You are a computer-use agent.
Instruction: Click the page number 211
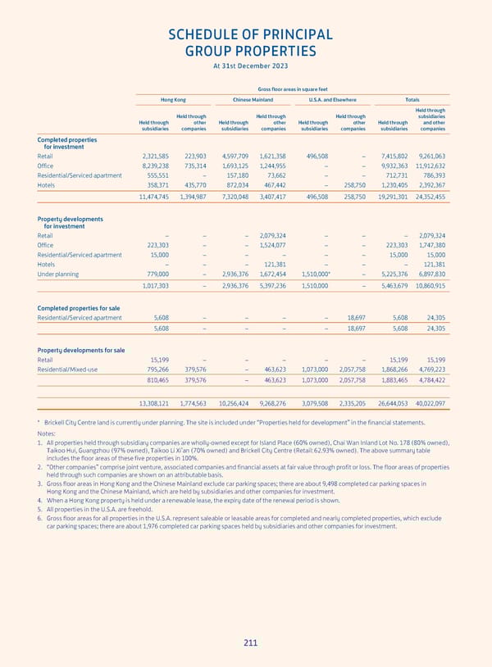point(251,642)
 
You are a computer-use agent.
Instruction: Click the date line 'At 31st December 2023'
point(251,66)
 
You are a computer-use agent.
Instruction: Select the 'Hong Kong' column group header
point(173,100)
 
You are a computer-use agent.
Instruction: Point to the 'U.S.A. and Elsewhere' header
point(332,100)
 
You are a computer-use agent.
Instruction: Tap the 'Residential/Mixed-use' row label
point(67,369)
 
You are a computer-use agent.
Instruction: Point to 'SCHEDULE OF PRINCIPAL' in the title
point(251,34)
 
